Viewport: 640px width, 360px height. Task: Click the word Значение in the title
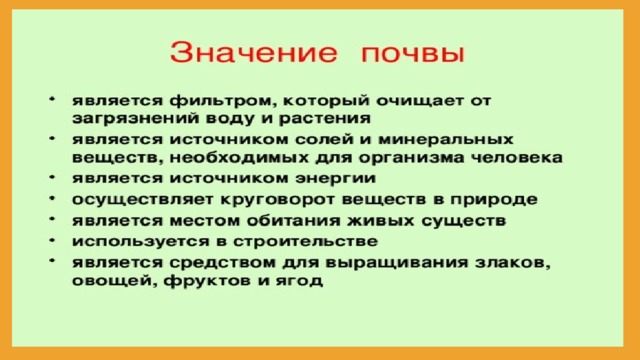253,52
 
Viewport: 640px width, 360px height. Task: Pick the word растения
325,120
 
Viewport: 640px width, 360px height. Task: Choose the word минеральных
446,140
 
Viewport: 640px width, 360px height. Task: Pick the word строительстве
306,242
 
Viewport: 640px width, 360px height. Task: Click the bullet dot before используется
52,240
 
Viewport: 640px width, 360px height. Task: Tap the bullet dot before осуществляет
52,199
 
